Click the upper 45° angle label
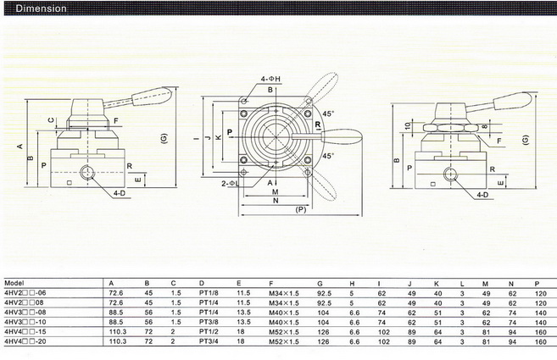(x=327, y=112)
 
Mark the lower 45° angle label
(x=327, y=156)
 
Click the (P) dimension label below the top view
(x=301, y=209)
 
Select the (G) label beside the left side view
(x=163, y=137)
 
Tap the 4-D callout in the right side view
(x=482, y=195)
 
